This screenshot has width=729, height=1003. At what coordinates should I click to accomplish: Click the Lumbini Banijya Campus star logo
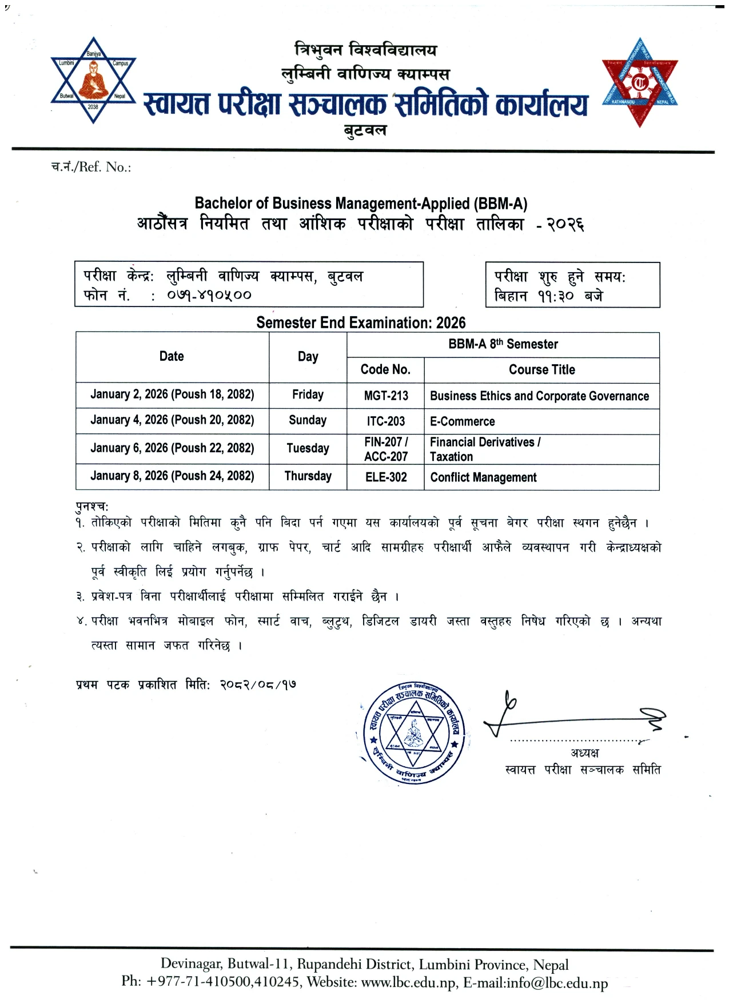[x=93, y=80]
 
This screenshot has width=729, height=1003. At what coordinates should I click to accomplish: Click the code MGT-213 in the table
[x=386, y=396]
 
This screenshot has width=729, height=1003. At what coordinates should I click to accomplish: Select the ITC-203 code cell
[x=386, y=421]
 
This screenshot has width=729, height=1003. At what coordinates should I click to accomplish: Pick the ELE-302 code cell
[x=386, y=477]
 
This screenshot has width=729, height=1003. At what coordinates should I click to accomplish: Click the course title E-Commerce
[x=463, y=421]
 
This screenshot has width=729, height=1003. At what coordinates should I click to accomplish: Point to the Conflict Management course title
[x=483, y=477]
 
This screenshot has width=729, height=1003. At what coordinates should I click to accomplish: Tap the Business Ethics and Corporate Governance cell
[x=539, y=396]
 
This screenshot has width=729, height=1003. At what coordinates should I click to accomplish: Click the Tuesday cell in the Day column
[x=308, y=448]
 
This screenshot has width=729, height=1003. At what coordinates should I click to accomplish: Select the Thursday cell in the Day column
[x=308, y=476]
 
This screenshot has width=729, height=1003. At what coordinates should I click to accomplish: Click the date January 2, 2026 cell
[x=172, y=394]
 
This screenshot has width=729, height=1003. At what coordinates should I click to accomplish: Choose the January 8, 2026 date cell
[x=172, y=476]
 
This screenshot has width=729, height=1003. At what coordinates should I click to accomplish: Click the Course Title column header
[x=541, y=369]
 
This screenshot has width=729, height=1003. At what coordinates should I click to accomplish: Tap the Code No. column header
[x=385, y=369]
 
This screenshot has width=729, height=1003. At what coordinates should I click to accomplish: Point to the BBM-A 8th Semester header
[x=503, y=344]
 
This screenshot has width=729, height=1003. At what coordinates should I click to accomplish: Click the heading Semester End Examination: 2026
[x=361, y=323]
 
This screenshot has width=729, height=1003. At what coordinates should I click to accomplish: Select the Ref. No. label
[x=91, y=167]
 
